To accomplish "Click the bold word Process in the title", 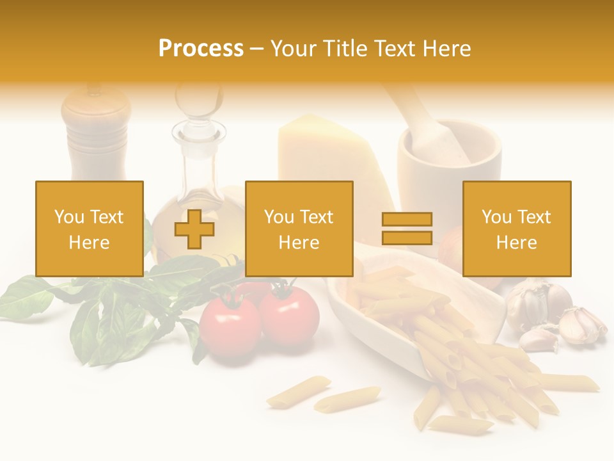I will point(201,48).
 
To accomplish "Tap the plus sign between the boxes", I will point(194,229).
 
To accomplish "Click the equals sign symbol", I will point(407,229).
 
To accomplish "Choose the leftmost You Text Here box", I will point(89,229).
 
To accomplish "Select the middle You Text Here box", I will point(299,229).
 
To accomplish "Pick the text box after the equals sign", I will point(516,229).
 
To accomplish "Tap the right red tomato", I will point(289,316).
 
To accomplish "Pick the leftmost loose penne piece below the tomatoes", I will point(298,391).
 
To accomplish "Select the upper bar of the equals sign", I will point(407,220).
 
